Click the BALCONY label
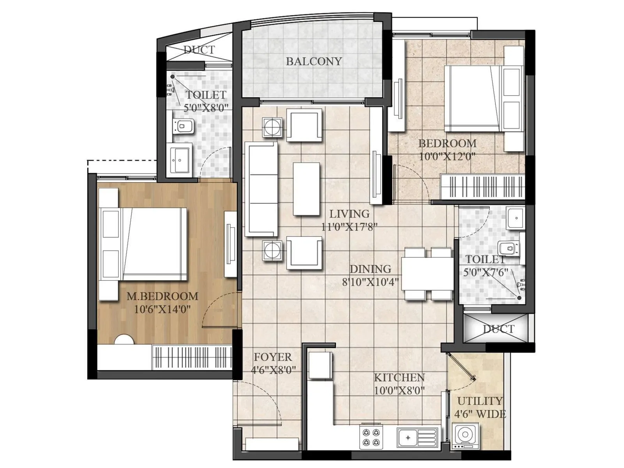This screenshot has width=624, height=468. coord(314,61)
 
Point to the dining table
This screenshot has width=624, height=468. coord(427,273)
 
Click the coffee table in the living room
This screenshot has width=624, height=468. coord(306,189)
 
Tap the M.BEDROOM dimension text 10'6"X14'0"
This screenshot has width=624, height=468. coord(162,310)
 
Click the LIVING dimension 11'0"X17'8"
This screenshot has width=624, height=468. coord(349,227)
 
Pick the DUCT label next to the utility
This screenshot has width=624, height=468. coord(498,329)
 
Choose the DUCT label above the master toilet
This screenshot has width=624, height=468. coord(199,50)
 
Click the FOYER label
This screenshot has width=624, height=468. coord(273,357)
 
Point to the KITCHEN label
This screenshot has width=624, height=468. coord(399,378)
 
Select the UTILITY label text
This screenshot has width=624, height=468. coord(480,401)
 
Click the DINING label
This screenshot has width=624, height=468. coord(370,269)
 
